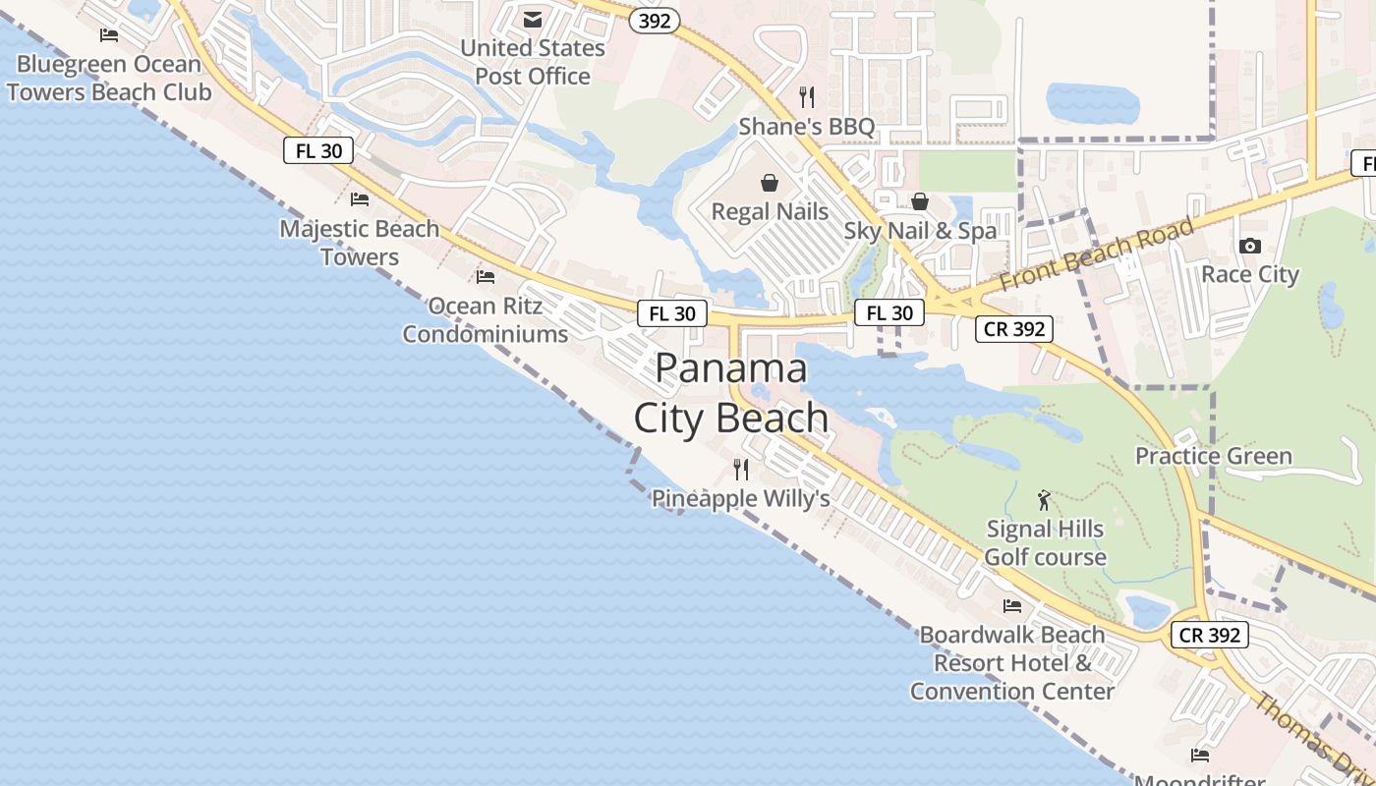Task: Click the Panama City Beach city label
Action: point(731,393)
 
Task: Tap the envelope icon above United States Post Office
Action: point(533,20)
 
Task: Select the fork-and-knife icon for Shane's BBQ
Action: point(807,96)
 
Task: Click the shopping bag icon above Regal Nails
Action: point(770,183)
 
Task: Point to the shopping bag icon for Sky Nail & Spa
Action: point(920,201)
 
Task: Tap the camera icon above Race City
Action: point(1250,246)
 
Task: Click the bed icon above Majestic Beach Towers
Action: point(360,199)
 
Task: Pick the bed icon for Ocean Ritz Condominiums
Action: point(485,277)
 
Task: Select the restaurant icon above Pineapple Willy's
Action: point(741,470)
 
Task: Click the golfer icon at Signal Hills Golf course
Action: point(1044,500)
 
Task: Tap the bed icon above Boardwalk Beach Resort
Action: point(1012,605)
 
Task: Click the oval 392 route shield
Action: point(656,21)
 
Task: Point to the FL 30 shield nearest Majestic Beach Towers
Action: point(318,150)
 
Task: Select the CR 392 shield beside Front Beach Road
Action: point(1014,329)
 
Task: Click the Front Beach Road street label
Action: point(1097,253)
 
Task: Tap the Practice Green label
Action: point(1213,456)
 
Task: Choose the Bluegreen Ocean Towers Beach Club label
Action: point(109,79)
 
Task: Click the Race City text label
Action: point(1250,274)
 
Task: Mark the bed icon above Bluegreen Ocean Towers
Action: point(109,35)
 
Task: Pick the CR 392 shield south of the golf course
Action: point(1210,635)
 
